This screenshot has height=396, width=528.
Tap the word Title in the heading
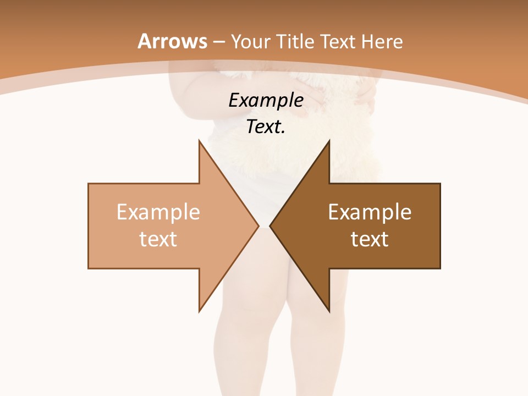click(x=298, y=42)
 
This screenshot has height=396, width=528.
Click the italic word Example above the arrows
click(x=266, y=100)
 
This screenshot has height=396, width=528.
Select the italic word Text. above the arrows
click(x=266, y=127)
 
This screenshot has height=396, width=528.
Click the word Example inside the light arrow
click(x=158, y=212)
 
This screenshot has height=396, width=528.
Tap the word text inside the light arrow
click(x=158, y=239)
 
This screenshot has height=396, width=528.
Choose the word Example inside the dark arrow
click(x=370, y=212)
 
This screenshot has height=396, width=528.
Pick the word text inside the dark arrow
click(x=370, y=239)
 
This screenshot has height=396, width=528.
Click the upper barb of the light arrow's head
click(x=200, y=142)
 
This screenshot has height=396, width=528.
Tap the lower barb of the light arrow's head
click(x=200, y=310)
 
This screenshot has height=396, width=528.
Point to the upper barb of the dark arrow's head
click(x=328, y=142)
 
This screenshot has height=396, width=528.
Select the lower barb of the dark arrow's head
click(x=328, y=310)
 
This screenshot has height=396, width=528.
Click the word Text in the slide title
click(x=338, y=42)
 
